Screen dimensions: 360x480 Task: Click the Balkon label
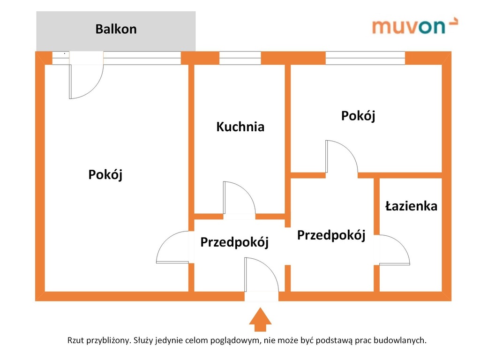click(116, 29)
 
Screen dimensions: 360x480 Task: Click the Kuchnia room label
click(240, 127)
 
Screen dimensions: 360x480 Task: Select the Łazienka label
click(411, 206)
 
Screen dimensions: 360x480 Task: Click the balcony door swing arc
click(86, 82)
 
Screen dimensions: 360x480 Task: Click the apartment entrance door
click(261, 275)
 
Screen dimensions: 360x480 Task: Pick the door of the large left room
click(172, 247)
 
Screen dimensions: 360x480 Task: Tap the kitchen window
click(240, 58)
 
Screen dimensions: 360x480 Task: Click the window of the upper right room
click(365, 58)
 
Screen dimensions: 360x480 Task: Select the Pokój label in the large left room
click(105, 175)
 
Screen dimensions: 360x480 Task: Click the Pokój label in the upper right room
click(358, 116)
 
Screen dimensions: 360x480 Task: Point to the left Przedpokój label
click(234, 242)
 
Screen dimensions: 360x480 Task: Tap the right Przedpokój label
click(331, 235)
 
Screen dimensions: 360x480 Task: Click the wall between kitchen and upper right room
click(287, 117)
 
